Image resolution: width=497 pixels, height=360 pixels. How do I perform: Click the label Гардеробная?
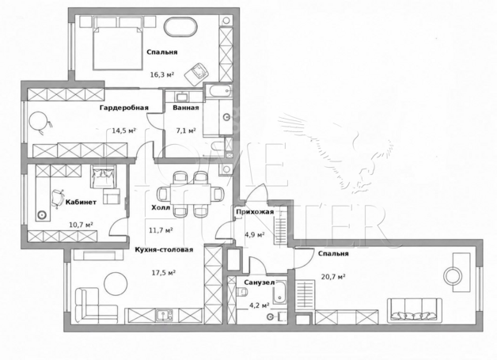(124, 108)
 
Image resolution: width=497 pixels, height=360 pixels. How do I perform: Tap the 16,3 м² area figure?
(162, 75)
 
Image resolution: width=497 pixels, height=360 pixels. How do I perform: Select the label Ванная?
(186, 108)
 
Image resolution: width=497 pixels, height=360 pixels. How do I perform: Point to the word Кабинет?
(81, 203)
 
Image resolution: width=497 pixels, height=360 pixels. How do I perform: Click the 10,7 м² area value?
(81, 225)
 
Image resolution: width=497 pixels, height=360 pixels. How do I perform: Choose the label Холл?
(161, 208)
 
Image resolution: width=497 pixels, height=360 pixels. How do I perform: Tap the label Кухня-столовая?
(164, 250)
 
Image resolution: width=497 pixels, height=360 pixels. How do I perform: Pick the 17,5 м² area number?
(164, 272)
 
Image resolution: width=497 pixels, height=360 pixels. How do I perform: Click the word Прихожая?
(255, 212)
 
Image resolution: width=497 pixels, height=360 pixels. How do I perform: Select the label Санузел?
(260, 282)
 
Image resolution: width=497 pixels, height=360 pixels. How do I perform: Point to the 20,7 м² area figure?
(333, 277)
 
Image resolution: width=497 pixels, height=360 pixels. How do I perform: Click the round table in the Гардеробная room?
(38, 121)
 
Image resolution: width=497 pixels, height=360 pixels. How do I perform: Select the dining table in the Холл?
(190, 194)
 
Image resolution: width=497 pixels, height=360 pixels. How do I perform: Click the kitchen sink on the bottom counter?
(164, 316)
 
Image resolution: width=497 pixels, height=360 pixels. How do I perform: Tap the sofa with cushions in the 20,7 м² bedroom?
(414, 310)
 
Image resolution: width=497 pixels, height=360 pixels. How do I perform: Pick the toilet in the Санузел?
(242, 291)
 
